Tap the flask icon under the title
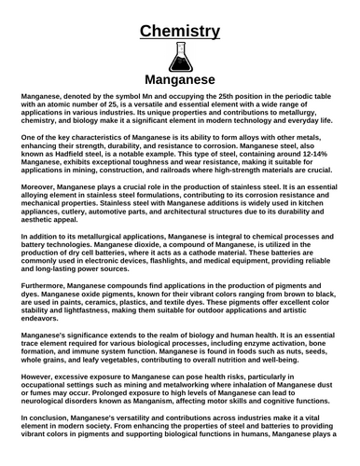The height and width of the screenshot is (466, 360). [x=180, y=59]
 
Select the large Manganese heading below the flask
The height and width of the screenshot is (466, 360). [x=180, y=80]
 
